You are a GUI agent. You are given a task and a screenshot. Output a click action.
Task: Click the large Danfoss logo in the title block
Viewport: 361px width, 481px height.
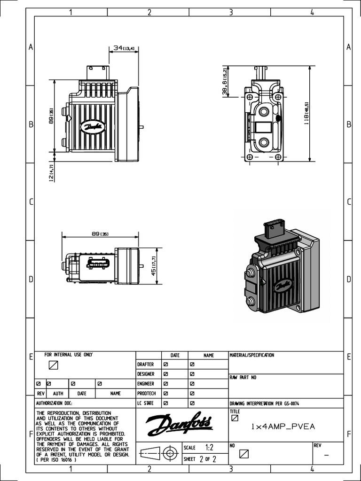point(179,425)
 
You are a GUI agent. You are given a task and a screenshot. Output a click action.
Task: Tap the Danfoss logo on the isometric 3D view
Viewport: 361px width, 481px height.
point(283,285)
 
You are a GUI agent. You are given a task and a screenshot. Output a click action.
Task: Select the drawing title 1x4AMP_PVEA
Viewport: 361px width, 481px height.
point(283,427)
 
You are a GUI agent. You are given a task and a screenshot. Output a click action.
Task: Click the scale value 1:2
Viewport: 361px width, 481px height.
point(209,448)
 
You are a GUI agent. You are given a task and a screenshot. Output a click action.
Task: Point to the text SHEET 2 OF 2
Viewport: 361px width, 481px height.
point(200,459)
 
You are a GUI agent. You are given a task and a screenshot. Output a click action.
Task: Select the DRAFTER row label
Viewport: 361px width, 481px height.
point(146,365)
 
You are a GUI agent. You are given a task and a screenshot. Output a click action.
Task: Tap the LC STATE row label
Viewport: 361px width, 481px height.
point(146,403)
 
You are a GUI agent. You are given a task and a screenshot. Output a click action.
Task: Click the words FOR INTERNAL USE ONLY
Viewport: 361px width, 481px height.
point(69,355)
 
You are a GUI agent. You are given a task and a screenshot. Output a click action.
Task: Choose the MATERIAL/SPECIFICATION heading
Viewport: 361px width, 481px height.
point(251,356)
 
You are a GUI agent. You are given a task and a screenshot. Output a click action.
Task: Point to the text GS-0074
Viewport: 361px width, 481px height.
point(290,403)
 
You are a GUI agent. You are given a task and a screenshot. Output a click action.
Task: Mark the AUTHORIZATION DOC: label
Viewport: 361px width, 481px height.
point(55,403)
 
